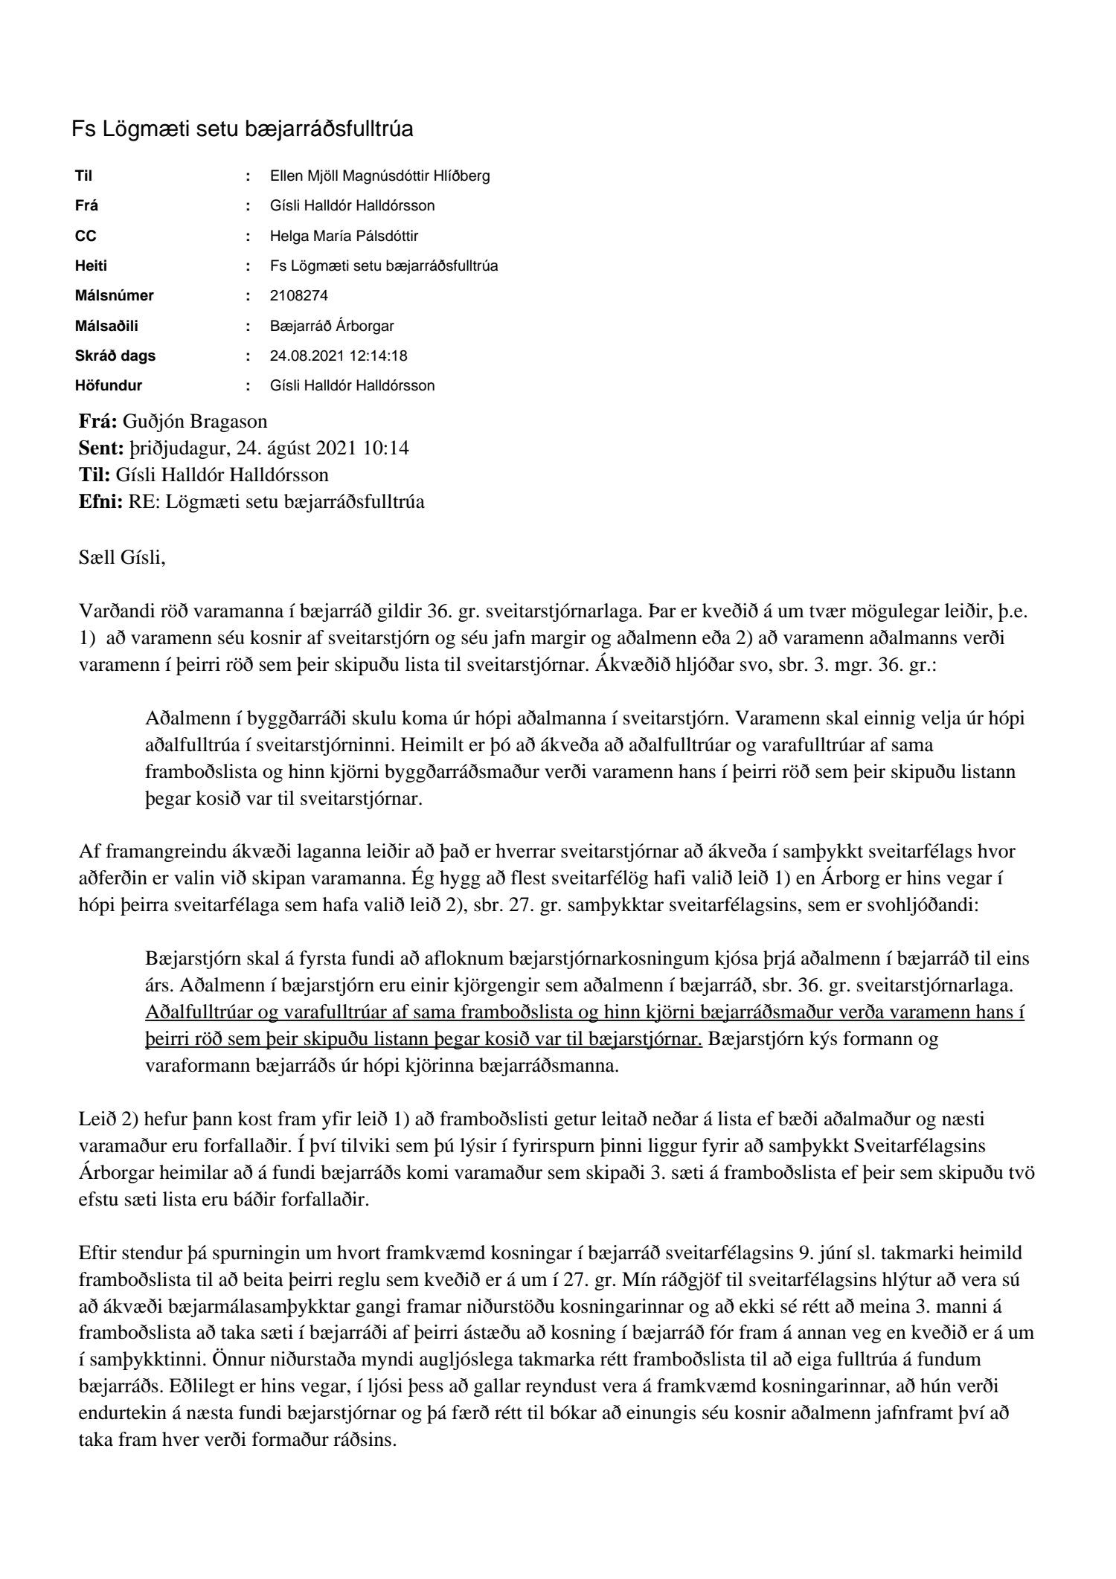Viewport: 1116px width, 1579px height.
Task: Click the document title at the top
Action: (x=242, y=129)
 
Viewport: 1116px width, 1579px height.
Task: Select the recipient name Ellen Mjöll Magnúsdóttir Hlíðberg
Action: (x=379, y=176)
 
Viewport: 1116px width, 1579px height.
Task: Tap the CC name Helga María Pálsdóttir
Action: (x=344, y=236)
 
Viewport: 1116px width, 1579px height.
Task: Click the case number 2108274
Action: (x=298, y=295)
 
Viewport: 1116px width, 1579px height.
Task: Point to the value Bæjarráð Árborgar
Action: (x=332, y=326)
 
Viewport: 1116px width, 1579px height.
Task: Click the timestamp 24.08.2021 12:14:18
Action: (x=338, y=356)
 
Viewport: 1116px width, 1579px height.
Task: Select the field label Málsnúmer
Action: (x=114, y=295)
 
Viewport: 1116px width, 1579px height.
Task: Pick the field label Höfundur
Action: (x=108, y=385)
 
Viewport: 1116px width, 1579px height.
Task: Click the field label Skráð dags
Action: (x=115, y=356)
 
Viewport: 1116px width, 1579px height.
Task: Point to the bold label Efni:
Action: (x=100, y=501)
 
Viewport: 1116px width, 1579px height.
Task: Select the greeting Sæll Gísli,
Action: (x=122, y=556)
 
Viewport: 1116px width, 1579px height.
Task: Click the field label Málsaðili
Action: (x=106, y=326)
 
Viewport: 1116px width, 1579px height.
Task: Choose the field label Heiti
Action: (x=91, y=266)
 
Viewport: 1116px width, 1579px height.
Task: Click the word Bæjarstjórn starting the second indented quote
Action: (x=187, y=958)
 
